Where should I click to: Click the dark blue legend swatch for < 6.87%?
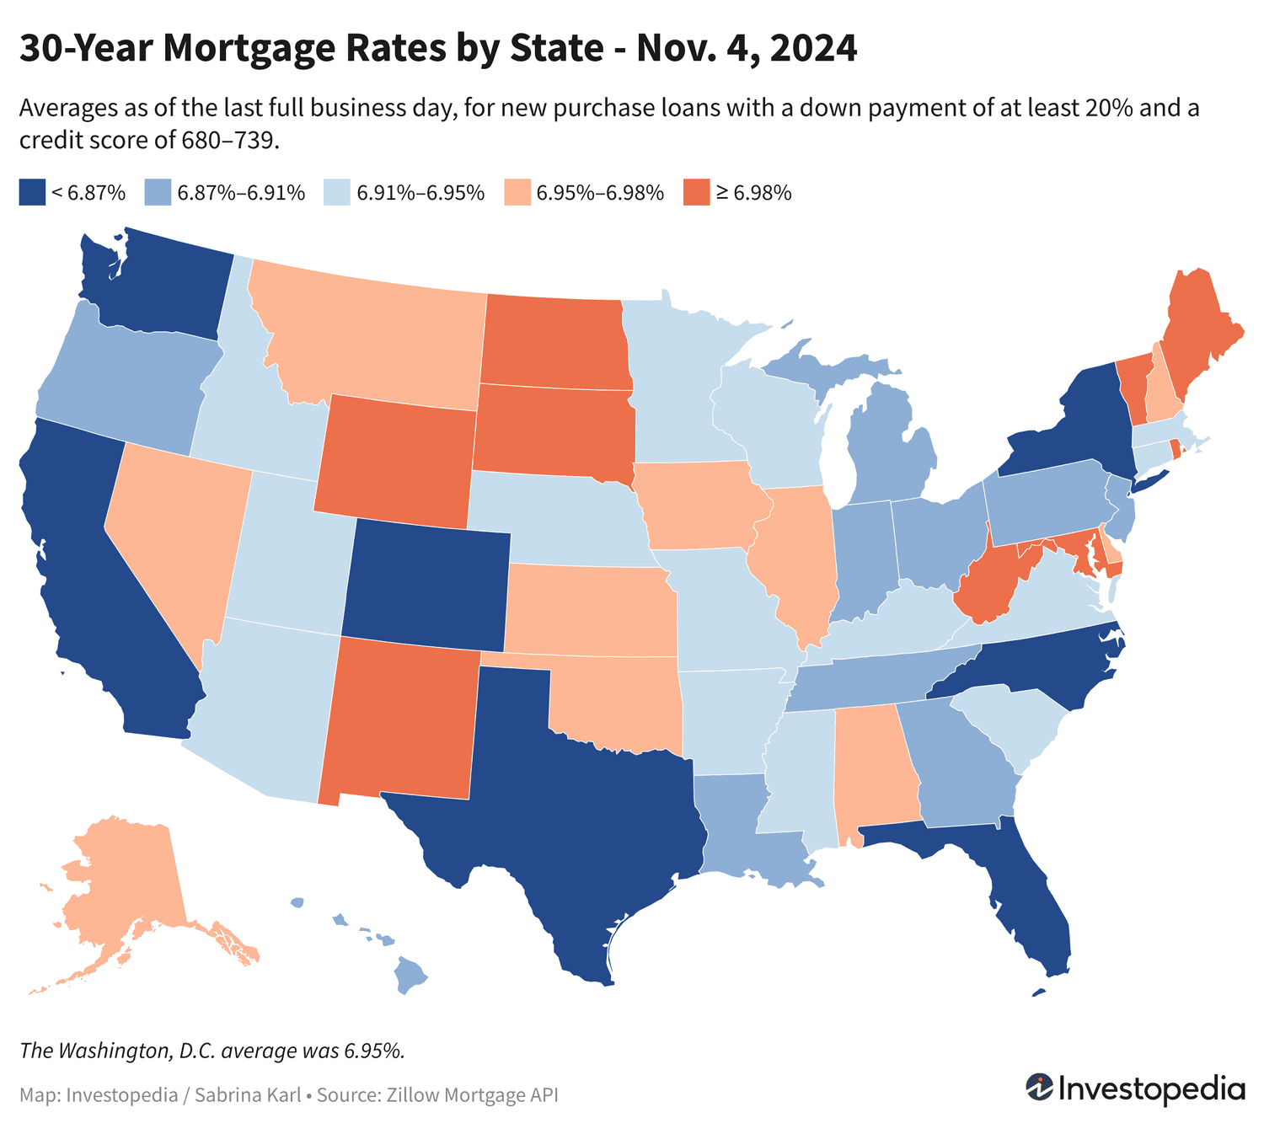[31, 192]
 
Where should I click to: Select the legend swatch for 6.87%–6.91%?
[157, 192]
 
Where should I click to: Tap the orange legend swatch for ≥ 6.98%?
[696, 192]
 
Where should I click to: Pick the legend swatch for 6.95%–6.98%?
[517, 192]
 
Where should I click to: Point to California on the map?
[93, 573]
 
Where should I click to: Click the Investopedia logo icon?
[1039, 1087]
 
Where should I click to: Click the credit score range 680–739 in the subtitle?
[229, 140]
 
